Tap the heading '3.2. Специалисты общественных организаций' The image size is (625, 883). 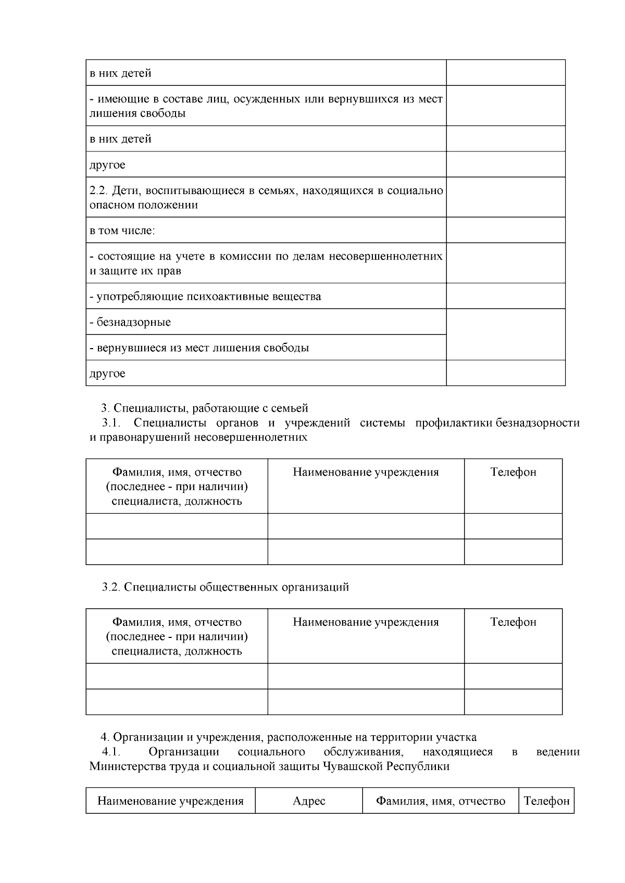click(x=226, y=587)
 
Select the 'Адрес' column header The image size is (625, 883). click(x=309, y=801)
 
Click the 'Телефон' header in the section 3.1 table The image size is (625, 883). click(x=513, y=472)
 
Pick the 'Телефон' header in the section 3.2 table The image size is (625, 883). click(x=513, y=622)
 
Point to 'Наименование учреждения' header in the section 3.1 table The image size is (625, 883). click(x=366, y=472)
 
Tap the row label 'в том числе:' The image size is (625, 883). click(x=122, y=231)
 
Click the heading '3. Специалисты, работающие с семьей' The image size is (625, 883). click(x=205, y=408)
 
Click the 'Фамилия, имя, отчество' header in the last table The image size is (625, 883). click(x=441, y=801)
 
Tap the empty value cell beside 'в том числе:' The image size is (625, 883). click(x=505, y=230)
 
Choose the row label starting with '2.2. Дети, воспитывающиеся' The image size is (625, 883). click(x=266, y=197)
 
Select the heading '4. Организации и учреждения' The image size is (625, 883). click(x=289, y=737)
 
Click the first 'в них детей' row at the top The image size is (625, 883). click(x=121, y=73)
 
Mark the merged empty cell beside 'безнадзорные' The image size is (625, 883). click(x=505, y=335)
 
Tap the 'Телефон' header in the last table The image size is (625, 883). click(x=546, y=801)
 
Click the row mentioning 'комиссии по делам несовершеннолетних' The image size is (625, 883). click(x=266, y=263)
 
